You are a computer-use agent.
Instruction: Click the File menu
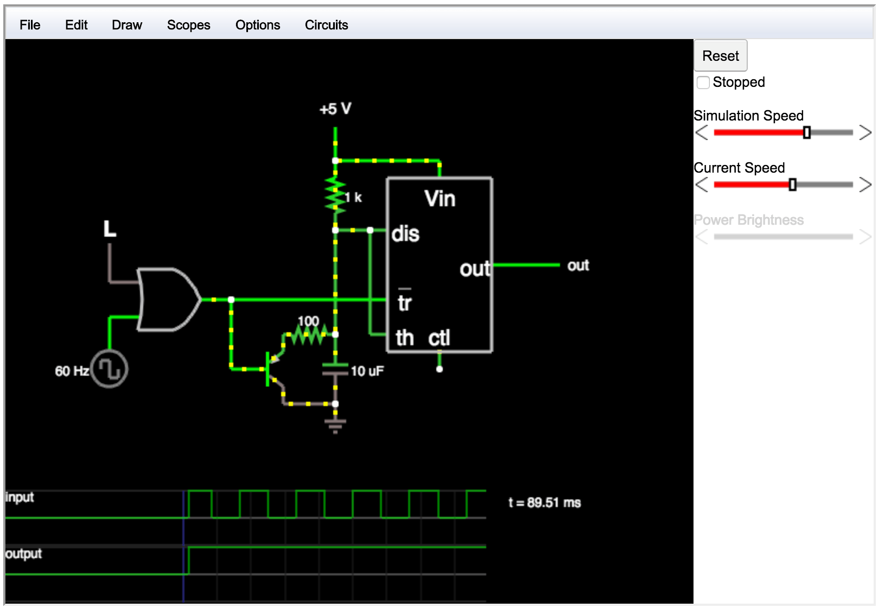point(30,25)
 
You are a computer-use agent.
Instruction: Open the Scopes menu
point(188,25)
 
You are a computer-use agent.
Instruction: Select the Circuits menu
point(326,25)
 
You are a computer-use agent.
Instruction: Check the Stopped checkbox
point(703,83)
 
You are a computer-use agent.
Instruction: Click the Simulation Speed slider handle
point(807,132)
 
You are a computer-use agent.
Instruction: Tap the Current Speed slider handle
point(793,185)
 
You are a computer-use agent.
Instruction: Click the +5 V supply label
point(335,109)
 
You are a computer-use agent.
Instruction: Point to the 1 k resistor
point(335,195)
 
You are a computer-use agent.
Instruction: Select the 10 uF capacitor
point(335,369)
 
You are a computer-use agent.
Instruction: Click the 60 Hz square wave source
point(110,369)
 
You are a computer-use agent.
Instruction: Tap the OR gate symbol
point(169,300)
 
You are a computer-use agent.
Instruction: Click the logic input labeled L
point(110,229)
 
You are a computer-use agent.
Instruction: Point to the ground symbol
point(335,426)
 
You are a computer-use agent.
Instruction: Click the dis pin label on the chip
point(405,234)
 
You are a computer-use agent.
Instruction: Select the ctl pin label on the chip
point(439,338)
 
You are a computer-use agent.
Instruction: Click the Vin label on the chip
point(440,199)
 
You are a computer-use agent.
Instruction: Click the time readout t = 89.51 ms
point(544,503)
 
